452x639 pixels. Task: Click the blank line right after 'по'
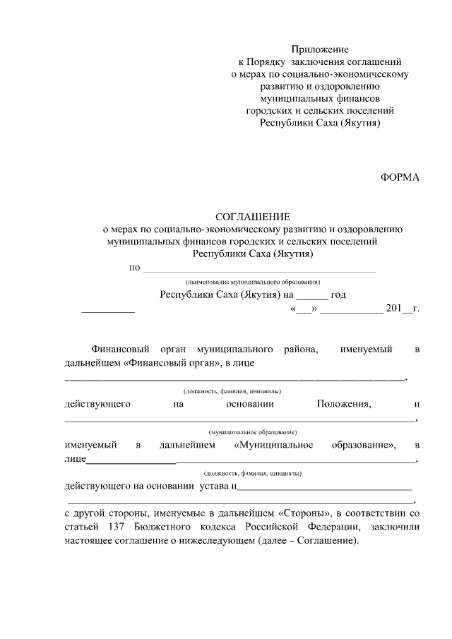coord(260,270)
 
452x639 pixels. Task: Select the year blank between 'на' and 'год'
coord(311,296)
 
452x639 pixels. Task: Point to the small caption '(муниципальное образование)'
coord(253,431)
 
